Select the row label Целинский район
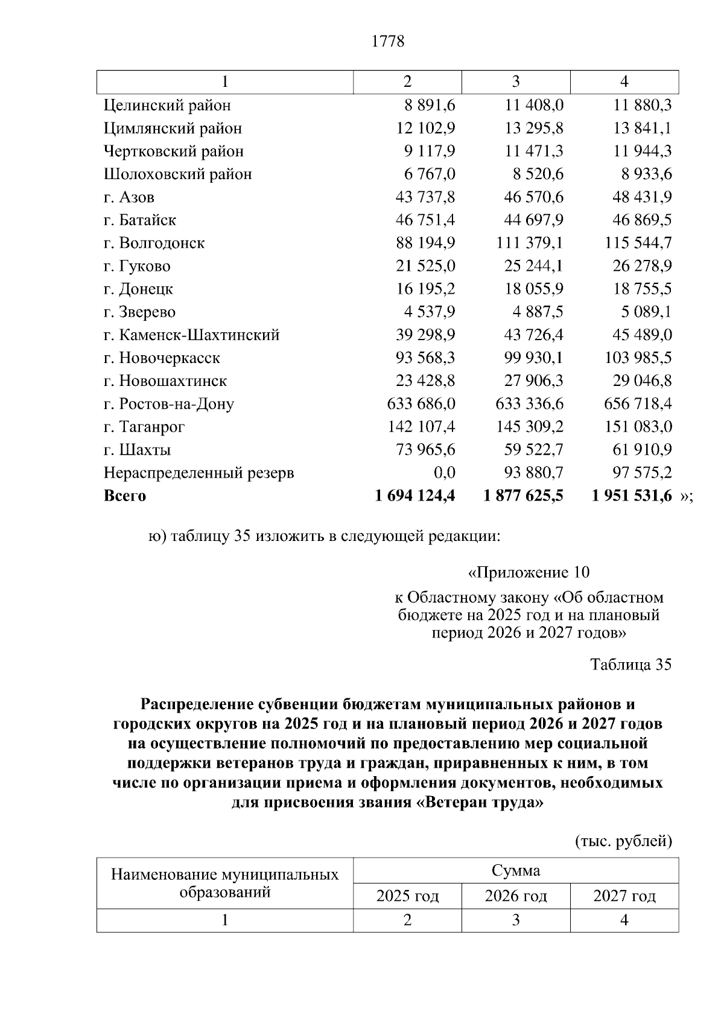pyautogui.click(x=167, y=106)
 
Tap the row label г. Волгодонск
pyautogui.click(x=154, y=243)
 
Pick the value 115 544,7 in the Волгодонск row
pyautogui.click(x=638, y=243)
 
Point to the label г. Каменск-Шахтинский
pyautogui.click(x=191, y=335)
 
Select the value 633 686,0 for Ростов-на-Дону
pyautogui.click(x=421, y=403)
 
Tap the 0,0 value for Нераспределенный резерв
pyautogui.click(x=444, y=472)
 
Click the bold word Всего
pyautogui.click(x=125, y=496)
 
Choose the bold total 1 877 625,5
pyautogui.click(x=523, y=496)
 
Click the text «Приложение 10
pyautogui.click(x=529, y=572)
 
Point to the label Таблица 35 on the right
pyautogui.click(x=630, y=665)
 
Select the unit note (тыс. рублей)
pyautogui.click(x=623, y=841)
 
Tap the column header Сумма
pyautogui.click(x=515, y=871)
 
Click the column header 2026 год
pyautogui.click(x=515, y=896)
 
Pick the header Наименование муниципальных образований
pyautogui.click(x=224, y=883)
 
